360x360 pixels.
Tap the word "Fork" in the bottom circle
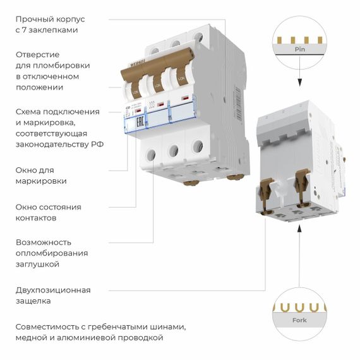point(299,320)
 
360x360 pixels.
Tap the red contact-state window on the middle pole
point(162,103)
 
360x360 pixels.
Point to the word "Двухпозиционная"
point(53,290)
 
